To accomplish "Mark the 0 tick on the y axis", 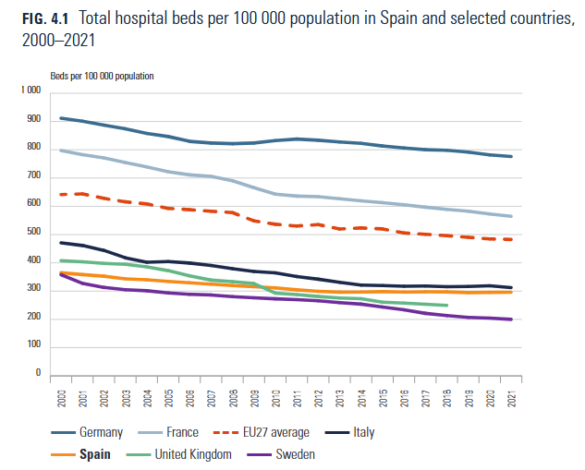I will point(39,374).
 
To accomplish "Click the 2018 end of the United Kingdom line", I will point(446,305).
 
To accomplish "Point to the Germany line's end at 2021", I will point(511,156).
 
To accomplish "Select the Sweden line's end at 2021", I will point(511,319).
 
